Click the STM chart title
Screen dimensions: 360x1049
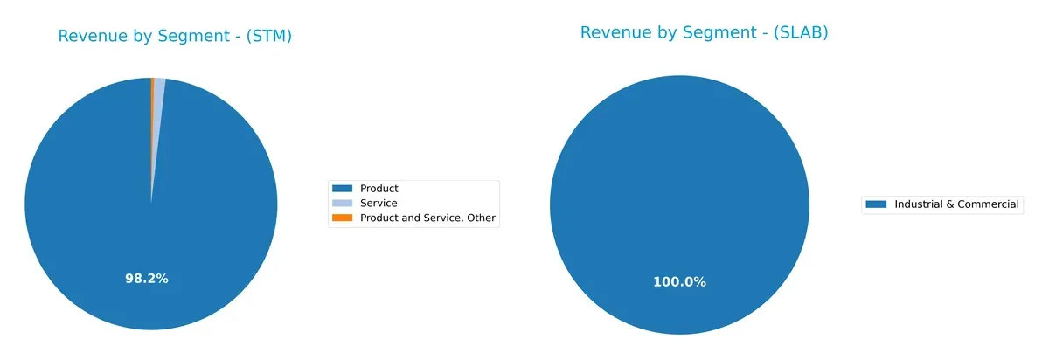175,36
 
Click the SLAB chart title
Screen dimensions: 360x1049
704,32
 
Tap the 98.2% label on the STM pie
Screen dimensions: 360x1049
147,279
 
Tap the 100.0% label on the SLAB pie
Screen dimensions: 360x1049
679,281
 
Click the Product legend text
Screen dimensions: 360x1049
379,189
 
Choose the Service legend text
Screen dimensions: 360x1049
379,204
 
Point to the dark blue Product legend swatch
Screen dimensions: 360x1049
343,189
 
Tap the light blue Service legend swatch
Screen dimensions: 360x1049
343,204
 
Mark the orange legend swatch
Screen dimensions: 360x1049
343,218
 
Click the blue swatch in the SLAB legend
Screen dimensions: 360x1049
876,204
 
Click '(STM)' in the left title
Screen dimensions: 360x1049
267,36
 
